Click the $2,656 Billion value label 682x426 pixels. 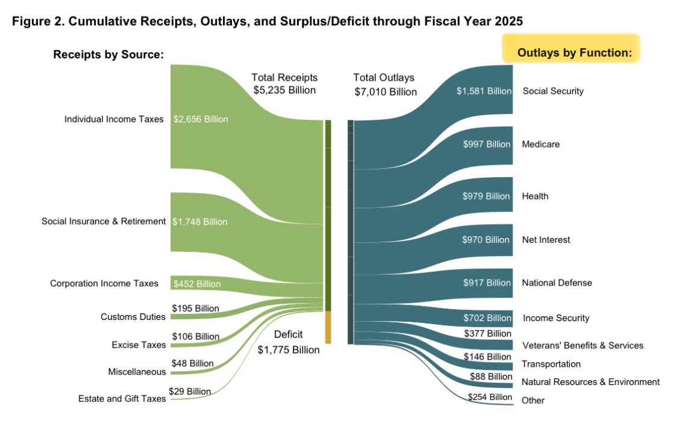(x=201, y=119)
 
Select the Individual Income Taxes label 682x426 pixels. (x=114, y=119)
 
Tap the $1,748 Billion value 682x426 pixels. (x=200, y=222)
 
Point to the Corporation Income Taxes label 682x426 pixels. (x=104, y=283)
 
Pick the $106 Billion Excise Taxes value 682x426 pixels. (x=195, y=336)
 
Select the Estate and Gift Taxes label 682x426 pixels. (x=122, y=399)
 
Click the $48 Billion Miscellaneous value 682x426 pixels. (x=193, y=363)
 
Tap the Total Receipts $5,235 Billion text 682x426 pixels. (x=284, y=84)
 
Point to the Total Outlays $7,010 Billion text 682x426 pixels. (x=385, y=85)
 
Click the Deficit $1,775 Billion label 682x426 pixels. (x=288, y=342)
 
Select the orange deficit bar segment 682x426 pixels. (x=328, y=327)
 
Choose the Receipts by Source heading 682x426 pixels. (x=108, y=55)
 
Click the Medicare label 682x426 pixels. (x=540, y=145)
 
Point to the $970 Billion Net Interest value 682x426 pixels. (x=486, y=240)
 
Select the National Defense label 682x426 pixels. (x=557, y=283)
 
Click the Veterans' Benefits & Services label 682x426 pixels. (x=582, y=345)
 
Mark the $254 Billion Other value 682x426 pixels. (x=490, y=396)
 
